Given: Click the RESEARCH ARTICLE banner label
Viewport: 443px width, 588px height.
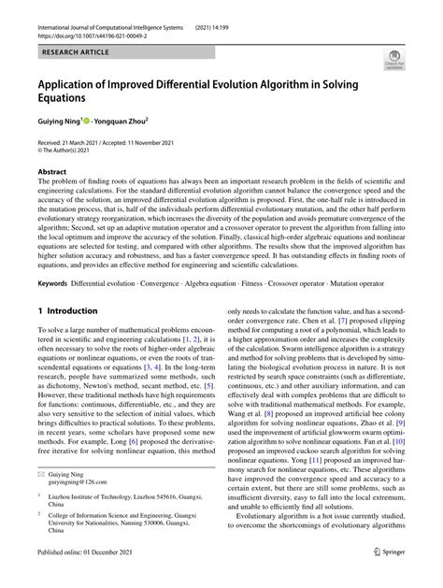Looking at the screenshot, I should tap(69, 44).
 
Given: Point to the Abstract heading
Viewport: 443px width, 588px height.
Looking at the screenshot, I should tap(52, 173).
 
